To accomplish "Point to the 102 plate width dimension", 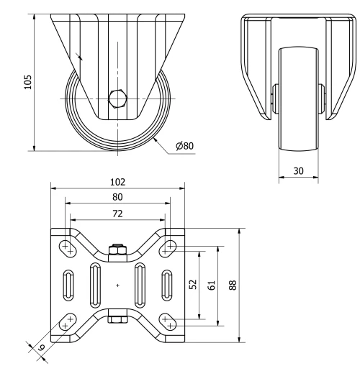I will pyautogui.click(x=117, y=183).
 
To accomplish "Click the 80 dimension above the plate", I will pyautogui.click(x=117, y=197).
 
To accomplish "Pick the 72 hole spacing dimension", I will pyautogui.click(x=117, y=214).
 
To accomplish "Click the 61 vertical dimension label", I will pyautogui.click(x=210, y=283).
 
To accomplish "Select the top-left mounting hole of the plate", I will pyautogui.click(x=67, y=246).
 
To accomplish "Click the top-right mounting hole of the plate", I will pyautogui.click(x=168, y=247).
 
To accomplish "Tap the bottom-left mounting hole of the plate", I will pyautogui.click(x=67, y=324).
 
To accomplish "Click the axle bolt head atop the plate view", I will pyautogui.click(x=117, y=251).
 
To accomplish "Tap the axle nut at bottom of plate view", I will pyautogui.click(x=117, y=317).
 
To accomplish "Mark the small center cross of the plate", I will pyautogui.click(x=117, y=286).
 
